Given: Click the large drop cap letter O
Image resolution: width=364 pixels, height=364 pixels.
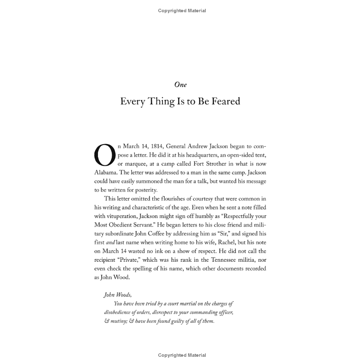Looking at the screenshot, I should point(104,155).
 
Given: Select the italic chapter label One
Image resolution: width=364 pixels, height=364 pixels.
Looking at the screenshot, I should point(180,85).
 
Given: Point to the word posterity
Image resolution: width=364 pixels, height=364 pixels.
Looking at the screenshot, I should point(145,190).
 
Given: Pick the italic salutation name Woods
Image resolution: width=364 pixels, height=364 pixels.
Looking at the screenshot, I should point(123,295).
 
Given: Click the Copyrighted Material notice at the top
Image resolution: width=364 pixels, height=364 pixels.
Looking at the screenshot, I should point(182,11).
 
